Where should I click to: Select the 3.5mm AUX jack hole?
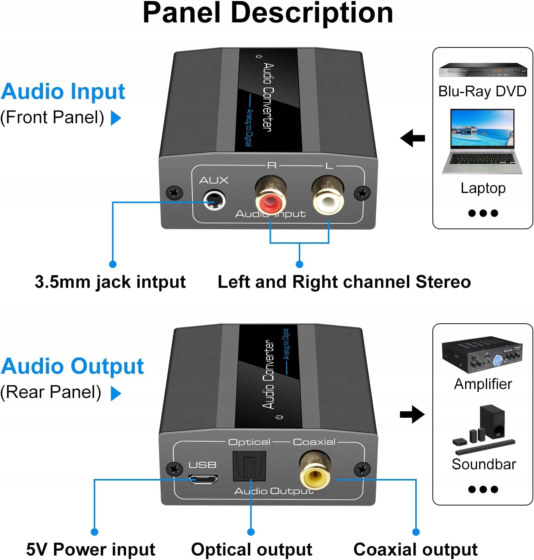tap(214, 200)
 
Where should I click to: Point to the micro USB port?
tap(203, 479)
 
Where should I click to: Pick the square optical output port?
tap(249, 466)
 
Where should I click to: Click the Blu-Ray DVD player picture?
tap(483, 70)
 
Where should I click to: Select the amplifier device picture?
tap(482, 354)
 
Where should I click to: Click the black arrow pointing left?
tap(412, 138)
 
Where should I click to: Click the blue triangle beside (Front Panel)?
tap(116, 118)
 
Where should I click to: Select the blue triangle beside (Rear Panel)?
tap(116, 393)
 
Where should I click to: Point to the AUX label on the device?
tap(214, 180)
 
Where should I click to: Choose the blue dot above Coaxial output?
tap(416, 532)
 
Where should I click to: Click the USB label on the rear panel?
tap(203, 464)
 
